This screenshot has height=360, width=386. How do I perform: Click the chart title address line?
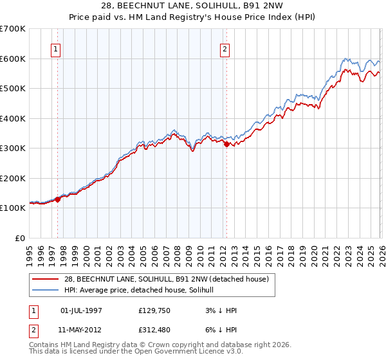(192, 6)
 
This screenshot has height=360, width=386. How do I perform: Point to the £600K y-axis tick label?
(13, 59)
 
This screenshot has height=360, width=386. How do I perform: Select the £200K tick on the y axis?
(13, 178)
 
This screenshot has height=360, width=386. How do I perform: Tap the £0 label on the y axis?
(19, 238)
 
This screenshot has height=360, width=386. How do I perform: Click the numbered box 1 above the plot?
(55, 49)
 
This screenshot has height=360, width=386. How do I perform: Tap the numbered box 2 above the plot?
(225, 49)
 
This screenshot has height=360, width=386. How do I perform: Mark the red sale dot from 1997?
(58, 199)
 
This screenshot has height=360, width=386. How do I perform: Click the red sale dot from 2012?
(226, 145)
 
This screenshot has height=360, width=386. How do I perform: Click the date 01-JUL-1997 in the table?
(81, 310)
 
